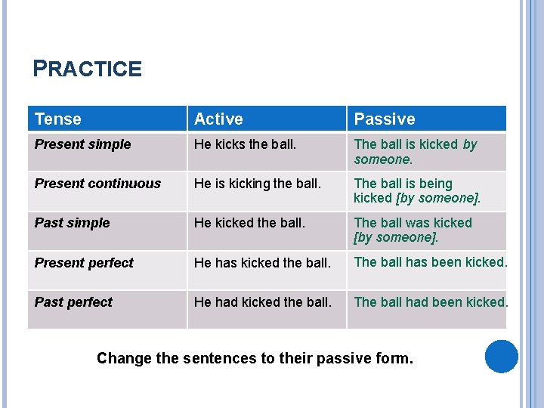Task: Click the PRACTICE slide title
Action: (88, 70)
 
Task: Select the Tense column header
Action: (58, 119)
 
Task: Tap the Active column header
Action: (218, 119)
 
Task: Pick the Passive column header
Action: (385, 119)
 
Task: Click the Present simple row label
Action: (83, 144)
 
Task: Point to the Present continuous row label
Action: (98, 184)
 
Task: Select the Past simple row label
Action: (73, 223)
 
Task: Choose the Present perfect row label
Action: (84, 263)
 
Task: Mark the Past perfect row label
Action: (73, 302)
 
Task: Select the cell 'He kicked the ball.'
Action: (249, 223)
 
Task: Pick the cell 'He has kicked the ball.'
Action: (262, 263)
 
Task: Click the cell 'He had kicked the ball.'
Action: (262, 302)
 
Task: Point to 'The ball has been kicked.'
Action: (431, 262)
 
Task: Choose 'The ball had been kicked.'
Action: (431, 302)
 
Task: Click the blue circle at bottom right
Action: (501, 357)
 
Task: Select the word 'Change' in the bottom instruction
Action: (124, 358)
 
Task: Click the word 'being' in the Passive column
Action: (434, 184)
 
